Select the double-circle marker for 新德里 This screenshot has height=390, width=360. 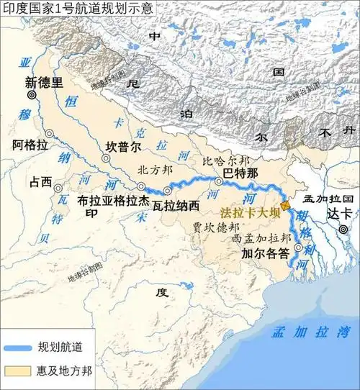32,95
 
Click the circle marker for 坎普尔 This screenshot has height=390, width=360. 106,158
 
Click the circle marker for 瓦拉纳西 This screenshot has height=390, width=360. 167,191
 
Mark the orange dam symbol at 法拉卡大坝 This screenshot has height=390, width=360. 286,206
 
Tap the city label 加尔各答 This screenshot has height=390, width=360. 266,253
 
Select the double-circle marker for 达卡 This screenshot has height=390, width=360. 343,229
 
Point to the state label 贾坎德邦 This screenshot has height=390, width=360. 213,226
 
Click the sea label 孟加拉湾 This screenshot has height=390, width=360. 310,332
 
